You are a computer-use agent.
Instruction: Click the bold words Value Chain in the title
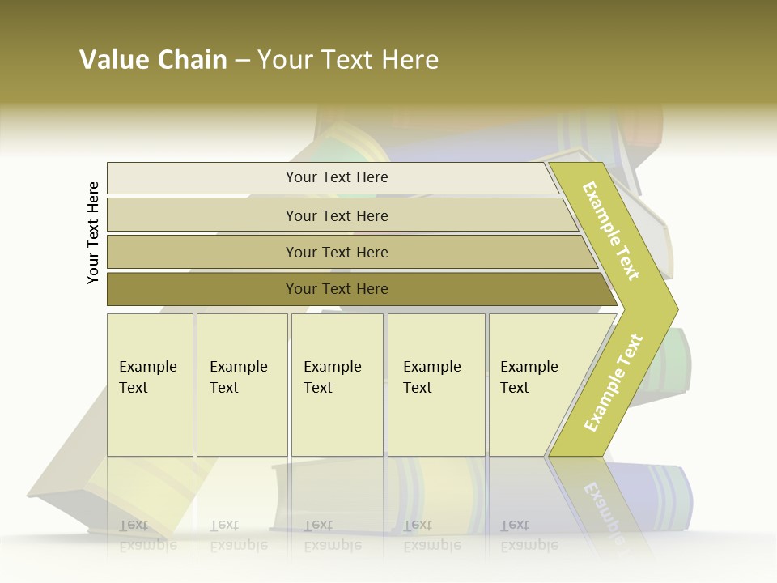[x=153, y=60]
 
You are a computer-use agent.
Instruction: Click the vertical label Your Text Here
[x=93, y=232]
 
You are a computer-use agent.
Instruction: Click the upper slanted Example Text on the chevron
[x=611, y=231]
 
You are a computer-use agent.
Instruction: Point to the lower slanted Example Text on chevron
[x=614, y=382]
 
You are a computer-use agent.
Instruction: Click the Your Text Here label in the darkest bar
[x=337, y=289]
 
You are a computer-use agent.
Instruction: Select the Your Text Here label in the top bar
[x=337, y=177]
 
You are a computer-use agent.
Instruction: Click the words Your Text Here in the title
[x=348, y=60]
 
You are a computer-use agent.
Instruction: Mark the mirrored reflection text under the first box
[x=148, y=535]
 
